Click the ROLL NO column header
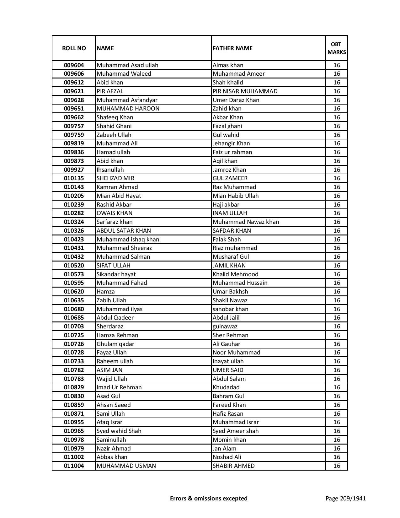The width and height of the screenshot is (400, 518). [x=74, y=48]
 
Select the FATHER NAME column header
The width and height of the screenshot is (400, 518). [x=232, y=48]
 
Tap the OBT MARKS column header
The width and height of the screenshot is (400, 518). [x=337, y=48]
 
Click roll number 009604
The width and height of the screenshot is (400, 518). [x=74, y=65]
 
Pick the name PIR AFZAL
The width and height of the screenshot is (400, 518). [x=110, y=91]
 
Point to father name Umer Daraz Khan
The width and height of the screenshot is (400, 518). [x=236, y=100]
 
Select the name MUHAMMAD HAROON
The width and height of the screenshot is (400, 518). [x=128, y=109]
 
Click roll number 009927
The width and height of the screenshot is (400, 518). [x=74, y=170]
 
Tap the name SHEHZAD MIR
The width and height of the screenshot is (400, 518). [x=115, y=178]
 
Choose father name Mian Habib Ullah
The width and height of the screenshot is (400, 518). [x=236, y=196]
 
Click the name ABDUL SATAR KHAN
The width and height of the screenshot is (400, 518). [x=124, y=231]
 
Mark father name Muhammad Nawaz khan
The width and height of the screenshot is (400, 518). [x=246, y=222]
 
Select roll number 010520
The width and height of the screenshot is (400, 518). [x=74, y=266]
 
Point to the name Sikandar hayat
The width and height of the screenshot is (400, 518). [x=116, y=274]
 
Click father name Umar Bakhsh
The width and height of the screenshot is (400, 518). [x=230, y=292]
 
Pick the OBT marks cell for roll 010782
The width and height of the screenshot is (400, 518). [x=337, y=370]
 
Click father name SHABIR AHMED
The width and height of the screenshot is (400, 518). [x=233, y=466]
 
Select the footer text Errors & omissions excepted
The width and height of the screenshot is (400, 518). [x=209, y=498]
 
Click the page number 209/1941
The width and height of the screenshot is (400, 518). [x=345, y=498]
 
